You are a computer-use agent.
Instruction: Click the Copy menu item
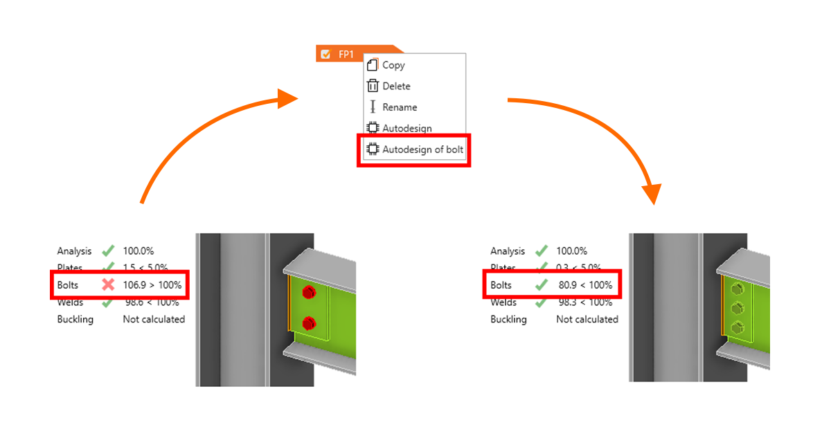click(393, 65)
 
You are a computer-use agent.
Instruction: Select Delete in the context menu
click(396, 86)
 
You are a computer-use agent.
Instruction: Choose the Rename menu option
click(400, 107)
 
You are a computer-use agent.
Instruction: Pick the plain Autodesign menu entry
click(406, 128)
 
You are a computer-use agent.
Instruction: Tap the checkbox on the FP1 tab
click(325, 54)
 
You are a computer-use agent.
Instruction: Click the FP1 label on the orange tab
click(346, 54)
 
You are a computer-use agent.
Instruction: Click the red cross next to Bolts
click(107, 284)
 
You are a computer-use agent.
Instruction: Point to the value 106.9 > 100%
click(152, 284)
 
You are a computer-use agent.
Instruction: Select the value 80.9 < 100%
click(585, 284)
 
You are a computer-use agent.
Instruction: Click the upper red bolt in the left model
click(309, 292)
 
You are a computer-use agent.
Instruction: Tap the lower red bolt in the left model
click(309, 323)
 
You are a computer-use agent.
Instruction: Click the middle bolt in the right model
click(739, 308)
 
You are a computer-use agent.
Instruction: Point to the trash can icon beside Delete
click(373, 86)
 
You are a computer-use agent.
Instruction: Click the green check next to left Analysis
click(107, 251)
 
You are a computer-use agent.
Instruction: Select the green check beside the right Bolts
click(541, 284)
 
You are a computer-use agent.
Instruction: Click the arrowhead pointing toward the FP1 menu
click(288, 98)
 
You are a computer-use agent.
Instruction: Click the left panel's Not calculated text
click(154, 319)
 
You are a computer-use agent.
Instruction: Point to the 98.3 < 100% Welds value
click(585, 302)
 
